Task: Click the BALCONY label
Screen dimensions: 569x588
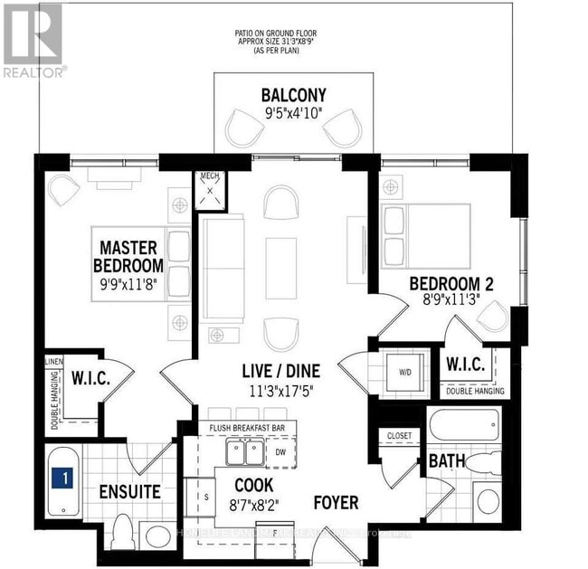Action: tap(293, 95)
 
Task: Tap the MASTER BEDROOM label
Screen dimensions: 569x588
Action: tap(128, 256)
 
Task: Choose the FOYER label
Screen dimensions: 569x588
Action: tap(336, 502)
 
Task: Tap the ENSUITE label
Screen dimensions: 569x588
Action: tap(130, 492)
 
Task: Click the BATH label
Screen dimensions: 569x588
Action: tap(447, 461)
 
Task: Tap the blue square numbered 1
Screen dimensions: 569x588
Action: tap(62, 475)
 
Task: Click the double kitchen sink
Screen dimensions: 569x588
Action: tap(242, 450)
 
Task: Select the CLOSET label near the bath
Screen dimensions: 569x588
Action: tap(399, 436)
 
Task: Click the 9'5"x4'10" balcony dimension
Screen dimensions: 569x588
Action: tap(293, 114)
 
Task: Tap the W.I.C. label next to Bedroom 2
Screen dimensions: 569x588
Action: tap(468, 365)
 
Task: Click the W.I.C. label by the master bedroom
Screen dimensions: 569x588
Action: tap(90, 377)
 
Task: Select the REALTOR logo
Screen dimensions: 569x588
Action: tap(33, 41)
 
